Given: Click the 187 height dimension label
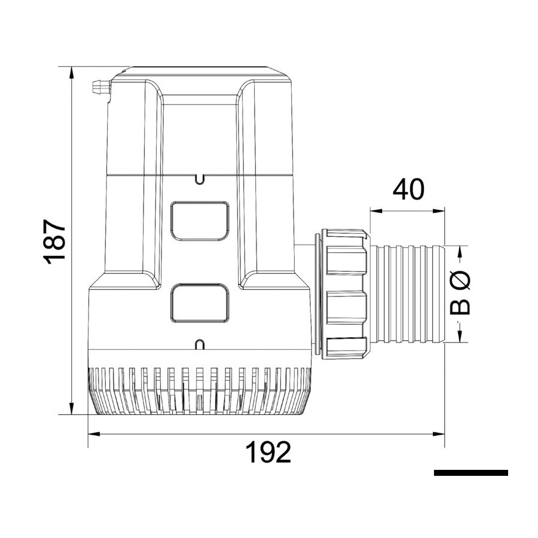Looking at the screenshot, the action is [54, 242].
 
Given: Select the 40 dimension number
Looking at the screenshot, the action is [408, 189].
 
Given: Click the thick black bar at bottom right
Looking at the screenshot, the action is [471, 472].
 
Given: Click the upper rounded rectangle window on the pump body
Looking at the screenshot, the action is [200, 221].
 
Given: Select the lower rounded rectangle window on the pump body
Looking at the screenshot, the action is [200, 303].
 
